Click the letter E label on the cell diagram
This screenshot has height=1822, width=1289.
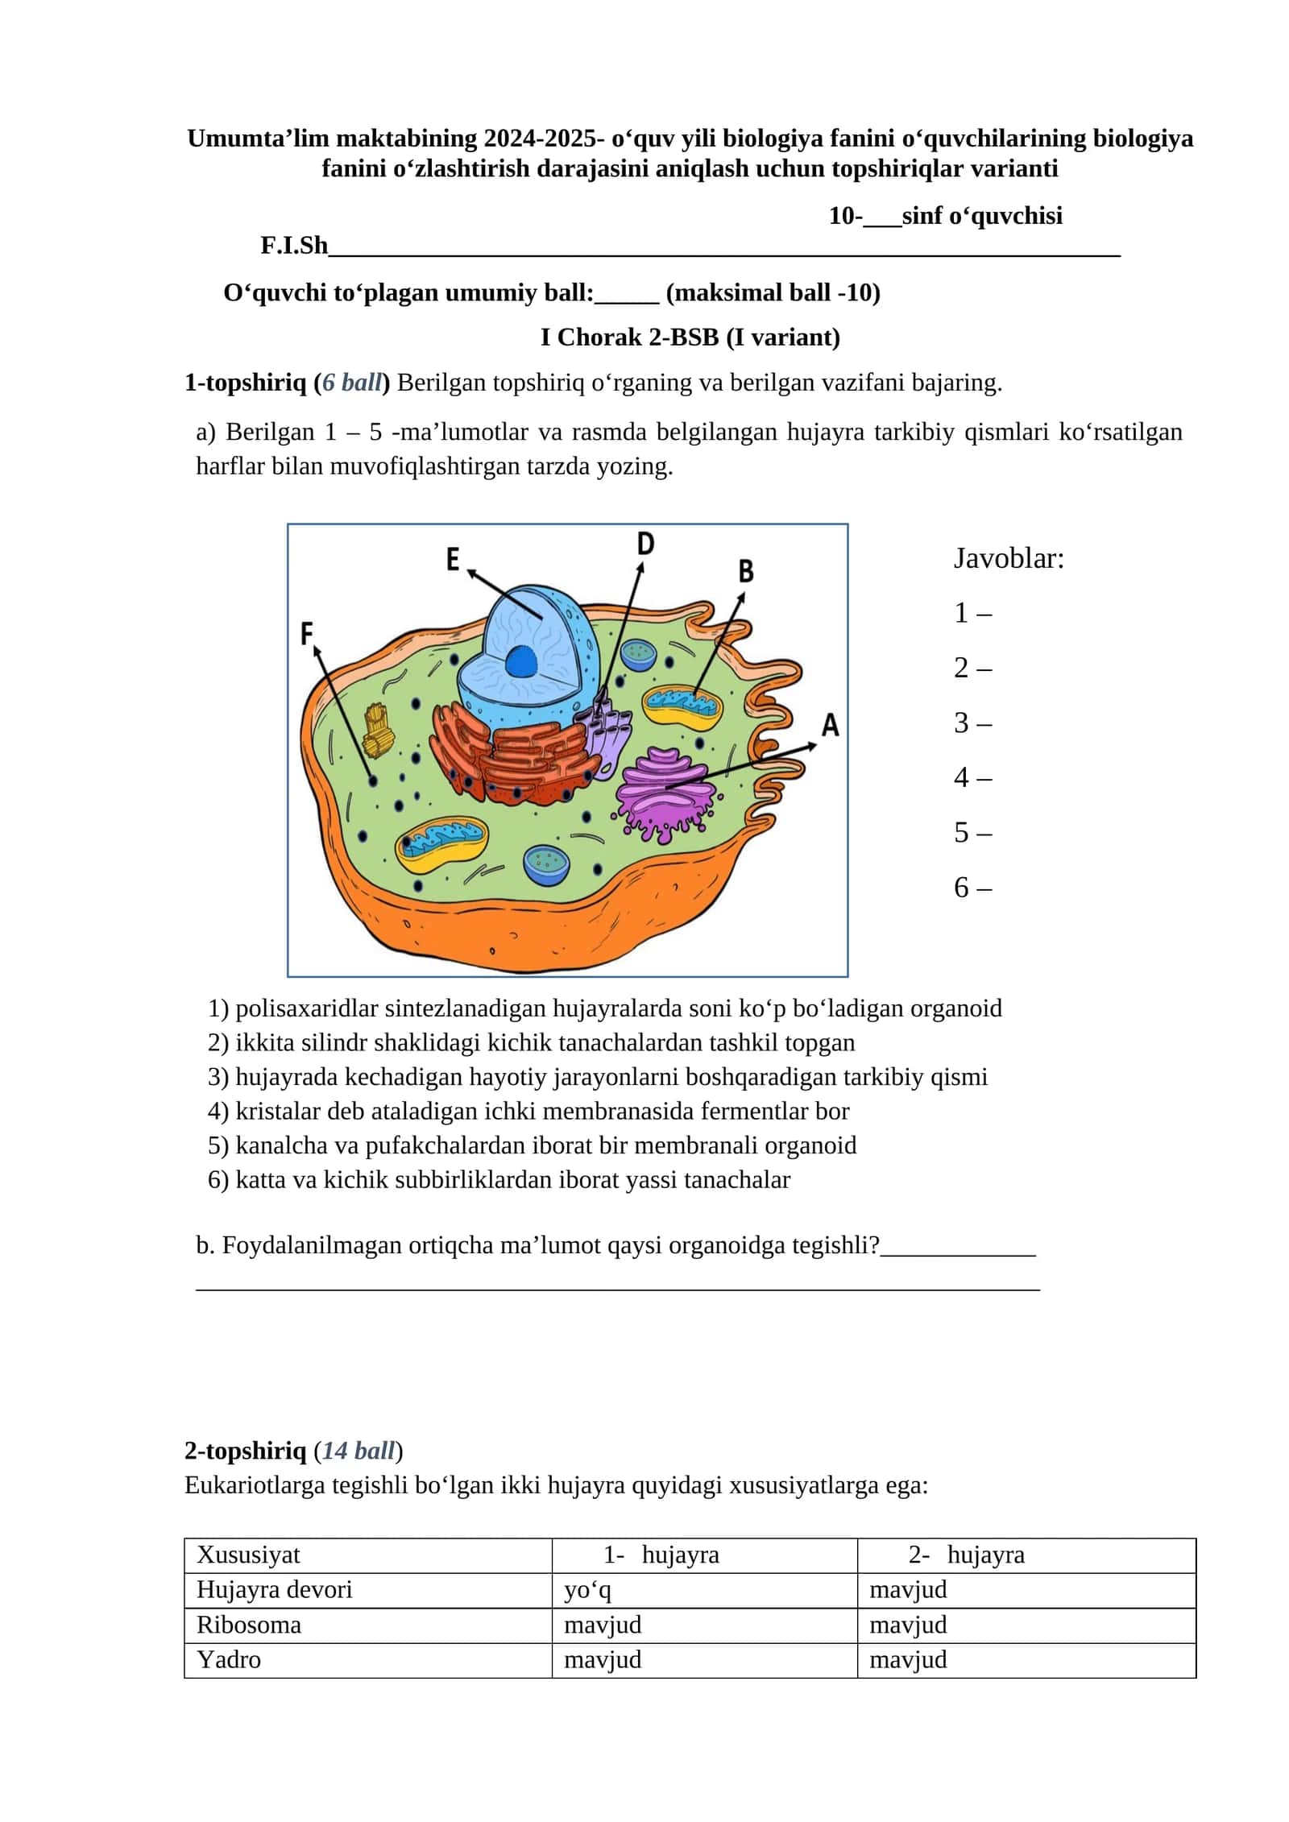coord(453,558)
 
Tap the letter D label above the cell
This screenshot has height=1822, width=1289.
coord(645,544)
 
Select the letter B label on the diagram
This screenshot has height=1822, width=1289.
coord(746,571)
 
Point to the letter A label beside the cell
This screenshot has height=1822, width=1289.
coord(830,725)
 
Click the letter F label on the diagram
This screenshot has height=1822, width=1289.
coord(306,634)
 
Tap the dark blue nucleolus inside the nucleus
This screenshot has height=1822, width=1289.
coord(521,662)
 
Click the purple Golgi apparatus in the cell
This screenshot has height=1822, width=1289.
coord(665,793)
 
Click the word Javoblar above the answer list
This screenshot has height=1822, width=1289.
coord(1009,558)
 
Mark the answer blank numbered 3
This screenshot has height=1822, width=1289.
coord(972,723)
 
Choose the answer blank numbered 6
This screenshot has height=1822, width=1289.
coord(972,887)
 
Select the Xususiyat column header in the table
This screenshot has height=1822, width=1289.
coord(248,1555)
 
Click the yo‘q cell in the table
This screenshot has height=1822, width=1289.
coord(587,1590)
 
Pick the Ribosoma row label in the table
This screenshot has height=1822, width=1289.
coord(249,1625)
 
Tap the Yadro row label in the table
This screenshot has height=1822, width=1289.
coord(229,1659)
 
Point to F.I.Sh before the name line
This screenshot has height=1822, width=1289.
coord(294,246)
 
